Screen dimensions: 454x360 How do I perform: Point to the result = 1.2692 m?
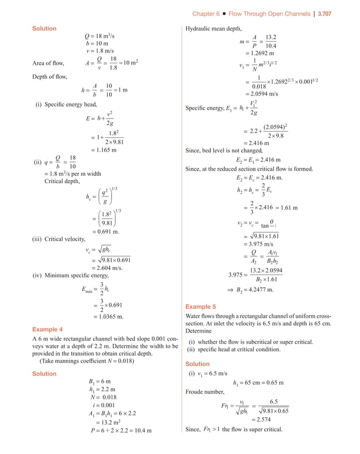coord(259,54)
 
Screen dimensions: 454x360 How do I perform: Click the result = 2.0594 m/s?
coord(262,94)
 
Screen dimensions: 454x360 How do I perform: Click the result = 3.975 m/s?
coord(261,244)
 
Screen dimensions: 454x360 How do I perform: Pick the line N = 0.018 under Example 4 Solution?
coord(102,397)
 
